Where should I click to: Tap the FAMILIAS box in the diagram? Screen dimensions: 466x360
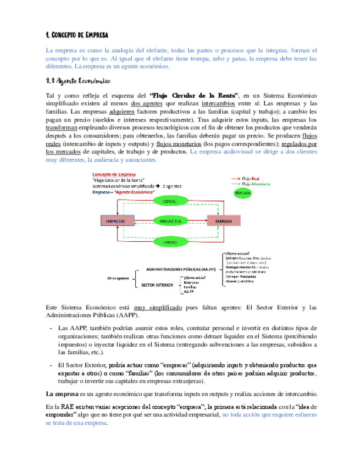(x=223, y=220)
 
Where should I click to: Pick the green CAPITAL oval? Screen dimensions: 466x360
(x=169, y=202)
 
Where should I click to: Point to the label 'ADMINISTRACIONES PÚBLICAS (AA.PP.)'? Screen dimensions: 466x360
(x=181, y=270)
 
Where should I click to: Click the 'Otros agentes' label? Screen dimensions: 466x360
(x=119, y=278)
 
